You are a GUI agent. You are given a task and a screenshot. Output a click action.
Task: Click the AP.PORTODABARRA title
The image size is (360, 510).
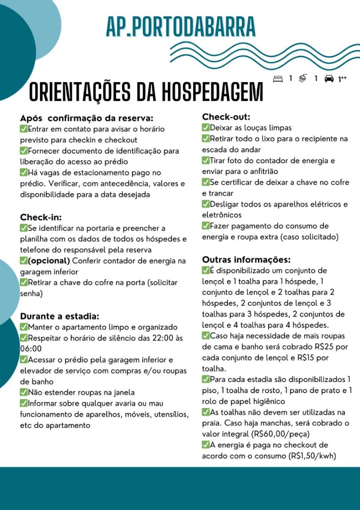click(x=181, y=26)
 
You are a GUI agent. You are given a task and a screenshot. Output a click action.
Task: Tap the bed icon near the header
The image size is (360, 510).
click(x=278, y=79)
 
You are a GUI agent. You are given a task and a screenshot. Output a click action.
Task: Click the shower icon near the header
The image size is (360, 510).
click(x=302, y=79)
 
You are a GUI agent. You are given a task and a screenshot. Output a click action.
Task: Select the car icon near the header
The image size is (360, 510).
click(x=329, y=79)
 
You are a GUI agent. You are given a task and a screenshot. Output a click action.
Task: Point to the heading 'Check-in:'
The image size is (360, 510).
click(x=41, y=217)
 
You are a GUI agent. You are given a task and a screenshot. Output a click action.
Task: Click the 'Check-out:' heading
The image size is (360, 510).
click(x=226, y=117)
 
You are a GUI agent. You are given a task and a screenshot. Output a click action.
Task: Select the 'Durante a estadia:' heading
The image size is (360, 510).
click(x=59, y=316)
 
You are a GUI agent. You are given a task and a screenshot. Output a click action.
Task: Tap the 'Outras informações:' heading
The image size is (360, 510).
click(x=246, y=260)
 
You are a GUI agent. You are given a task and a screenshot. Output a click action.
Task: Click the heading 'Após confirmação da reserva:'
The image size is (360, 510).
click(x=87, y=118)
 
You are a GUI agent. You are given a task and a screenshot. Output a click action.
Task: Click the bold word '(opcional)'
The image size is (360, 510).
click(x=49, y=261)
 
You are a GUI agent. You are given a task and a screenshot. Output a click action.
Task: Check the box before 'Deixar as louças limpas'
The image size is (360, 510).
click(x=206, y=128)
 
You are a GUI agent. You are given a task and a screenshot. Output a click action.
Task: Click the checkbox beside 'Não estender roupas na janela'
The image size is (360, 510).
click(x=24, y=392)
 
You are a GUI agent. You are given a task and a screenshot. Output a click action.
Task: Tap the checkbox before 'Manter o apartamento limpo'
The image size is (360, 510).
click(x=24, y=327)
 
